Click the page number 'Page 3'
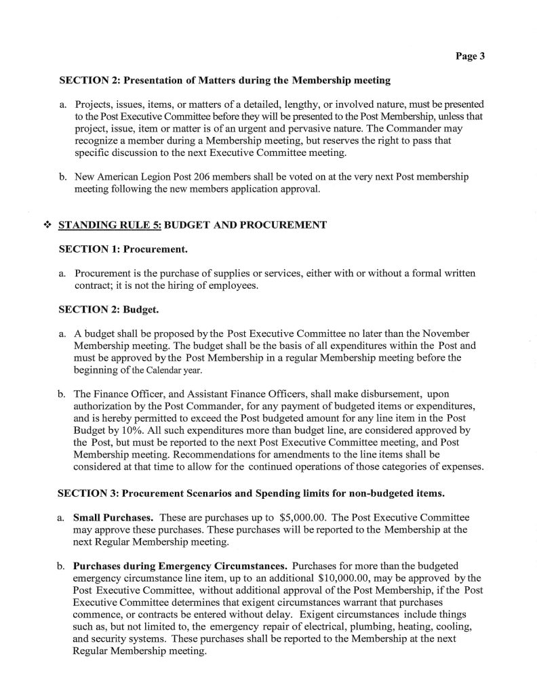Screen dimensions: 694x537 (x=469, y=57)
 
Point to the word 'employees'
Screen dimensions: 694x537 (x=235, y=287)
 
